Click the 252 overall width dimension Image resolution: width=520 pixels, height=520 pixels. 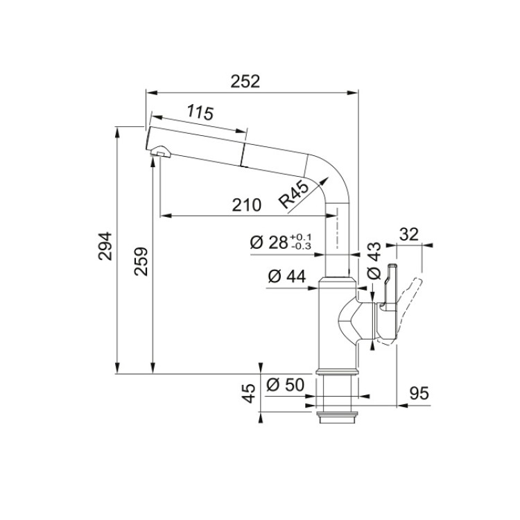[x=245, y=82]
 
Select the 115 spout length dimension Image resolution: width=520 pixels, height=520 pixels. [x=200, y=112]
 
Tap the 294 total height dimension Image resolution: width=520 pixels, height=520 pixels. [x=105, y=245]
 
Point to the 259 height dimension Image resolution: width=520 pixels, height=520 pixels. [x=141, y=261]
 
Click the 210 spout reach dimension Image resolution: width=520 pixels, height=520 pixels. [x=246, y=205]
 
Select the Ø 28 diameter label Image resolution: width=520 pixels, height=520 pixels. [x=268, y=243]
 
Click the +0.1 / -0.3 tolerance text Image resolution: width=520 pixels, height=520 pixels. [x=300, y=241]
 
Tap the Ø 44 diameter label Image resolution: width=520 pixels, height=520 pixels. [x=287, y=276]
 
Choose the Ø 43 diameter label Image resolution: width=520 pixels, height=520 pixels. [x=374, y=261]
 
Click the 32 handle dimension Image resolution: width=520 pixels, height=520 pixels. [x=408, y=235]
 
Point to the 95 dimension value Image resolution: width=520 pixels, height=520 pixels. [x=419, y=394]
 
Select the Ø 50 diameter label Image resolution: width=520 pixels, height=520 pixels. [x=285, y=385]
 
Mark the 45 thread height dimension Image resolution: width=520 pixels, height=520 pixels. [x=250, y=393]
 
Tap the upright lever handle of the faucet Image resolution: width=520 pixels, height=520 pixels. [x=390, y=288]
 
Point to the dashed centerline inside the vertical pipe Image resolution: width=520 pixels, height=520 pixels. [x=337, y=228]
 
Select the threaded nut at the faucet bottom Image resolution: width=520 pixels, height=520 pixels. [x=337, y=417]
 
